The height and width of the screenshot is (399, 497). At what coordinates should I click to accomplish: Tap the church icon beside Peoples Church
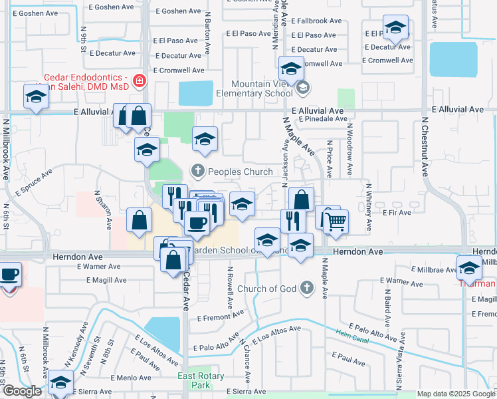197,172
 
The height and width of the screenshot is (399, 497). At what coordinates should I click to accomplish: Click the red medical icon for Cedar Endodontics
140,81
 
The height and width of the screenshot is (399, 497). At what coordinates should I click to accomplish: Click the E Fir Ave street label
397,212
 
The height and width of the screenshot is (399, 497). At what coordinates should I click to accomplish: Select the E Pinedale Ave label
323,119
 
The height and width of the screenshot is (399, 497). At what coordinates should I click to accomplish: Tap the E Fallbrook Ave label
316,21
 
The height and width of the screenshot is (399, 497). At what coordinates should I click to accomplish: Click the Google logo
23,391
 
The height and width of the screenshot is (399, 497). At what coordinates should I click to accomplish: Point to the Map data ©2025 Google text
455,394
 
